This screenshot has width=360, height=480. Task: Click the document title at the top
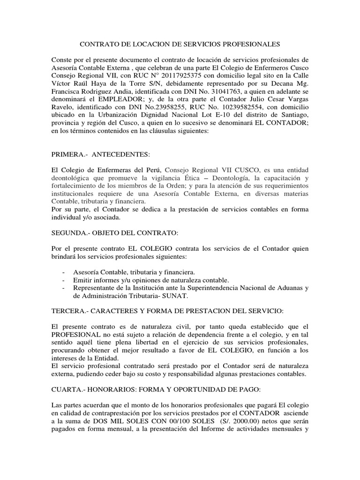[x=180, y=45]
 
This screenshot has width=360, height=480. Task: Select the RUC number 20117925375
[x=165, y=75]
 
